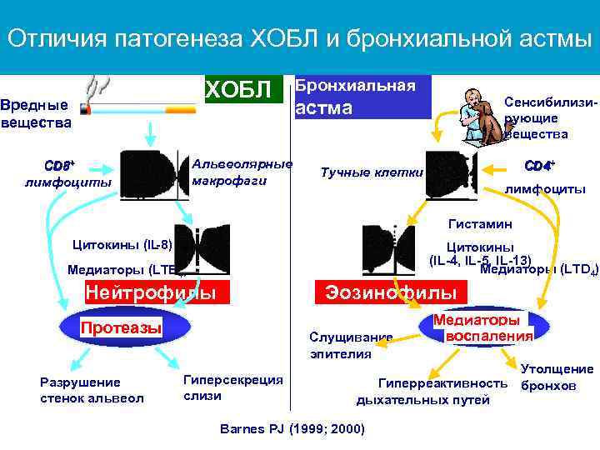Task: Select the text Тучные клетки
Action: pos(372,172)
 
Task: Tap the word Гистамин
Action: pos(480,224)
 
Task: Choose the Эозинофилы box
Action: pos(390,293)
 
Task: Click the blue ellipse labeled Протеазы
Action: pos(121,327)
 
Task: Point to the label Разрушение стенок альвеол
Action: pos(92,390)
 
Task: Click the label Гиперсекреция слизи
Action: pos(232,387)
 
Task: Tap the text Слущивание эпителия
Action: pos(350,345)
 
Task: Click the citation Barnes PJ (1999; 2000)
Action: pos(292,428)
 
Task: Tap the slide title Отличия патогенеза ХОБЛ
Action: pos(299,38)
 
